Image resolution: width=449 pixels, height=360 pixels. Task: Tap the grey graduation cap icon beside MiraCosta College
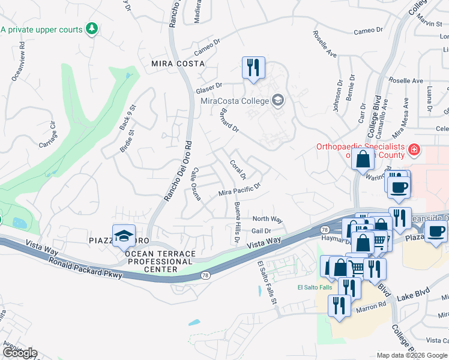pyautogui.click(x=277, y=100)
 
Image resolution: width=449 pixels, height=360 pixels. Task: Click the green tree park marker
pyautogui.click(x=92, y=29)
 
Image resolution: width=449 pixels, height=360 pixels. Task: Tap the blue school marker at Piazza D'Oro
pyautogui.click(x=123, y=236)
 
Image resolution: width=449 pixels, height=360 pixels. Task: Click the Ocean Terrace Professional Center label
pyautogui.click(x=160, y=262)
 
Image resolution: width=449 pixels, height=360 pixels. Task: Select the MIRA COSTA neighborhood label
pyautogui.click(x=178, y=63)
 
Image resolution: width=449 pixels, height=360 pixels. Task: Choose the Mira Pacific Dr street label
pyautogui.click(x=239, y=191)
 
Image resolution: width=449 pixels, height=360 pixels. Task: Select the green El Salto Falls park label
pyautogui.click(x=315, y=287)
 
